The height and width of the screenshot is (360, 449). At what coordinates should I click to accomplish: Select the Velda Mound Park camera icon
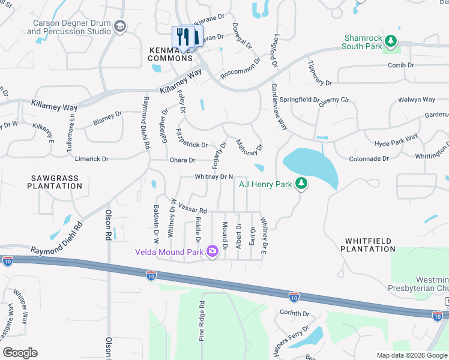click(212, 251)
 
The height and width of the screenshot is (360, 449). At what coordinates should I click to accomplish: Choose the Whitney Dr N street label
click(213, 176)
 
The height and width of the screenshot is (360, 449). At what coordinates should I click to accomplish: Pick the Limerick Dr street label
click(91, 159)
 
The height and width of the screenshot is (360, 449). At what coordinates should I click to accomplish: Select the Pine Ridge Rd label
click(202, 322)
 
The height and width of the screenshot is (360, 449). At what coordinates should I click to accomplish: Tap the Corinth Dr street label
click(294, 314)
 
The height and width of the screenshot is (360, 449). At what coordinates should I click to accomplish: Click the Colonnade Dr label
click(369, 159)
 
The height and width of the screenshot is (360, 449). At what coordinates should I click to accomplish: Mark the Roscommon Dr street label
click(241, 68)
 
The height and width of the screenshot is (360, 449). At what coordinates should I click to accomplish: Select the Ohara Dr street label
click(182, 160)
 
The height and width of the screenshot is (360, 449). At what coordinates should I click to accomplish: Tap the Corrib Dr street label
click(401, 65)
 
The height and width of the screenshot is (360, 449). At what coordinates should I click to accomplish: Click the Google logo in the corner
click(20, 353)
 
